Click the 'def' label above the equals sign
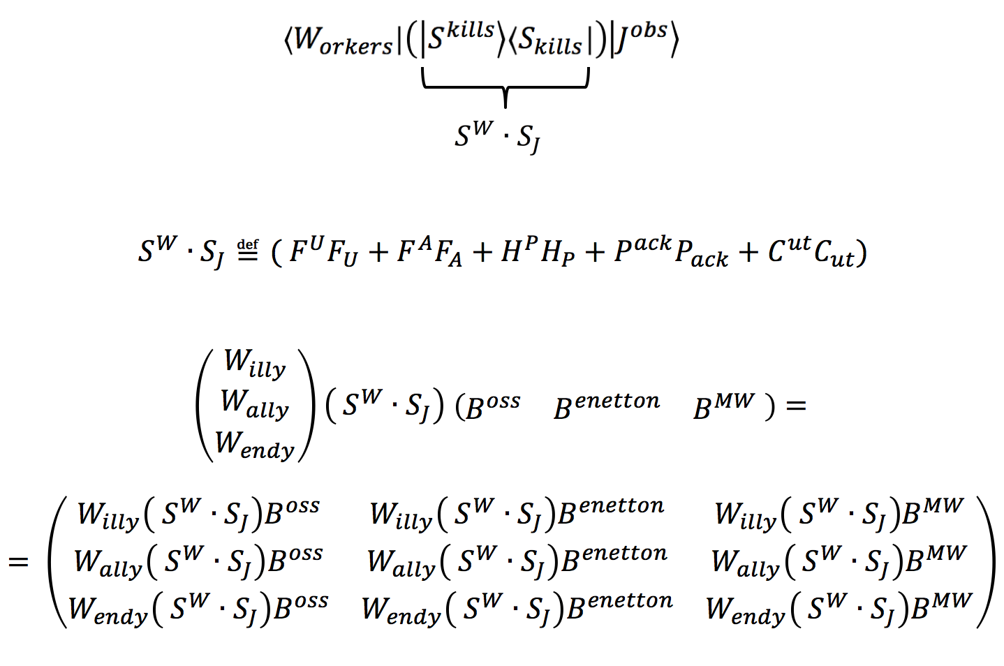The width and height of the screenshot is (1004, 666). (x=248, y=244)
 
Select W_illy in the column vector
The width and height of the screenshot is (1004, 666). (x=255, y=363)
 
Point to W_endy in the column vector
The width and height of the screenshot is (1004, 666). (x=255, y=444)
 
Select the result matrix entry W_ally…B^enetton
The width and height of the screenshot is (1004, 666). (x=517, y=562)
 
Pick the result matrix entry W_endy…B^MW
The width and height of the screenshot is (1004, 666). (x=839, y=609)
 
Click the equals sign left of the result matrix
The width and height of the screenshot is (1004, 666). (x=18, y=562)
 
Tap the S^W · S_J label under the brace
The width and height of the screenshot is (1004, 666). (x=497, y=135)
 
